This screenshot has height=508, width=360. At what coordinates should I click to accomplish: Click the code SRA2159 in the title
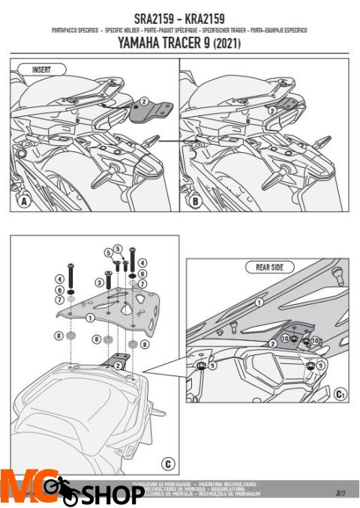[x=148, y=17]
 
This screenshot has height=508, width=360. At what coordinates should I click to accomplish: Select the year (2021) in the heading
[x=228, y=44]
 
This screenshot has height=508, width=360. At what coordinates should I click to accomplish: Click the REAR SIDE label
[x=267, y=267]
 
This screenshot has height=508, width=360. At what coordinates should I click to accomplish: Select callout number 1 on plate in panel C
[x=91, y=318]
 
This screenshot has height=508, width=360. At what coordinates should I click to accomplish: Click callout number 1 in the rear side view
[x=259, y=302]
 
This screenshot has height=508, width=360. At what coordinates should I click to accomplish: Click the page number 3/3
[x=340, y=492]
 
